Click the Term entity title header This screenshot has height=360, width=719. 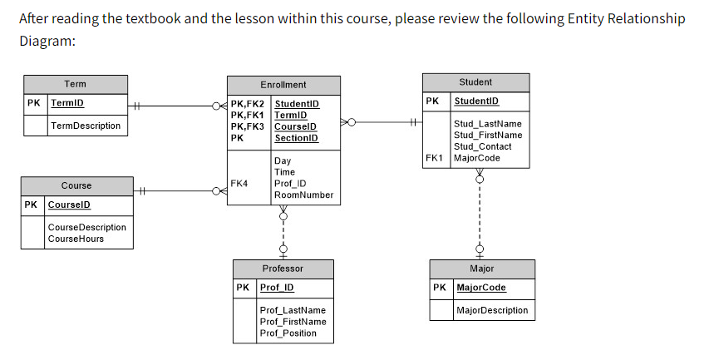(75, 84)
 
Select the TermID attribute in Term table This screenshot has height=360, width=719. (67, 104)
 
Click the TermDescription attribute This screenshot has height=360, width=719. (85, 126)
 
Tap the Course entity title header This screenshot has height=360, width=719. (76, 185)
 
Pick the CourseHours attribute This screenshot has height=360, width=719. (76, 239)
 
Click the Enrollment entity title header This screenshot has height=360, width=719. (283, 85)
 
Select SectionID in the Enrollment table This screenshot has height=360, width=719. (296, 138)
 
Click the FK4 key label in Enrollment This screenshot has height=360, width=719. (239, 183)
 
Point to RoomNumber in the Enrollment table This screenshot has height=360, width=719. (303, 195)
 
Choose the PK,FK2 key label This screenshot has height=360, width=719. (247, 103)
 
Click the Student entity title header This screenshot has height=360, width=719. (475, 82)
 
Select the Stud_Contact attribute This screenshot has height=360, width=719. (483, 146)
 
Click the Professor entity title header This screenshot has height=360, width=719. (283, 269)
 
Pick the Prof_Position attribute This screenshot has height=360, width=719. (288, 333)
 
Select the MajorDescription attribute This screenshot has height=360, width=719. (492, 310)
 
